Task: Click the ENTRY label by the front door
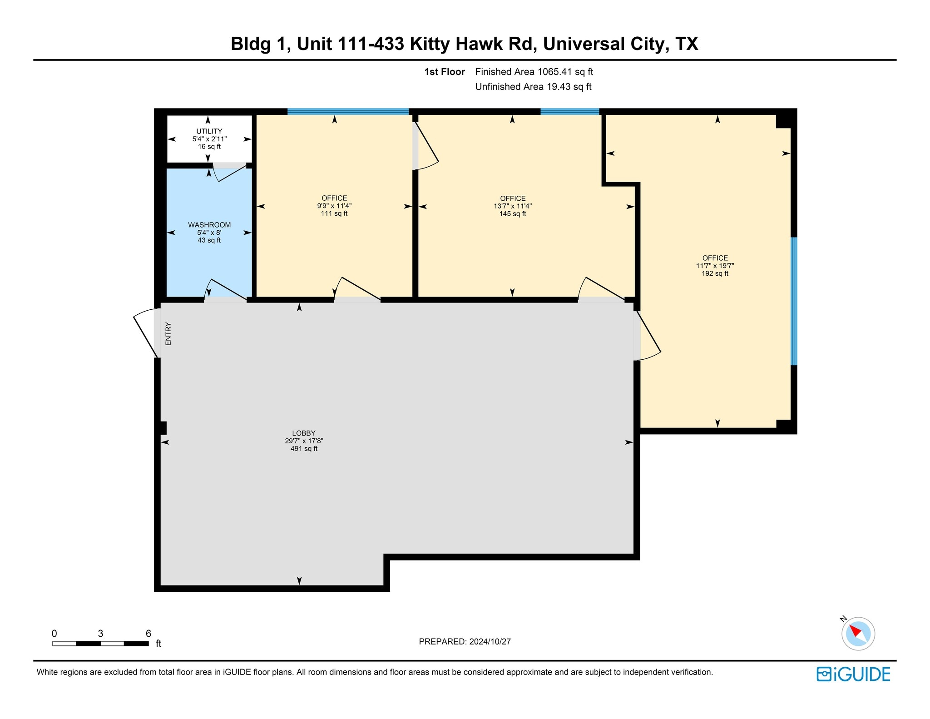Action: click(168, 334)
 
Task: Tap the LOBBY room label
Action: click(303, 433)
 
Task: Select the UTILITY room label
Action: click(209, 131)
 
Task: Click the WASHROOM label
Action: click(209, 225)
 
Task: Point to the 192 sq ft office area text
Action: click(715, 273)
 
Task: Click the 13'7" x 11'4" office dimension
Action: click(513, 206)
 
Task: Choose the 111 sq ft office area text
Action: click(334, 213)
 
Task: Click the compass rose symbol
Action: click(858, 633)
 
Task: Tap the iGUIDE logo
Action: click(853, 674)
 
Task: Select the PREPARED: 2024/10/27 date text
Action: click(465, 641)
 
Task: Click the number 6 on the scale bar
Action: click(148, 633)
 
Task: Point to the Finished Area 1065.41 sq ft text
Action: click(534, 72)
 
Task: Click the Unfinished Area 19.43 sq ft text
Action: click(533, 87)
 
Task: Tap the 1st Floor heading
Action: click(444, 72)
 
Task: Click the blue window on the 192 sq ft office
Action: click(793, 301)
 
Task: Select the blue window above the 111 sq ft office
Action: click(348, 111)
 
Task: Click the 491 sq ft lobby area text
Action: click(303, 449)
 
